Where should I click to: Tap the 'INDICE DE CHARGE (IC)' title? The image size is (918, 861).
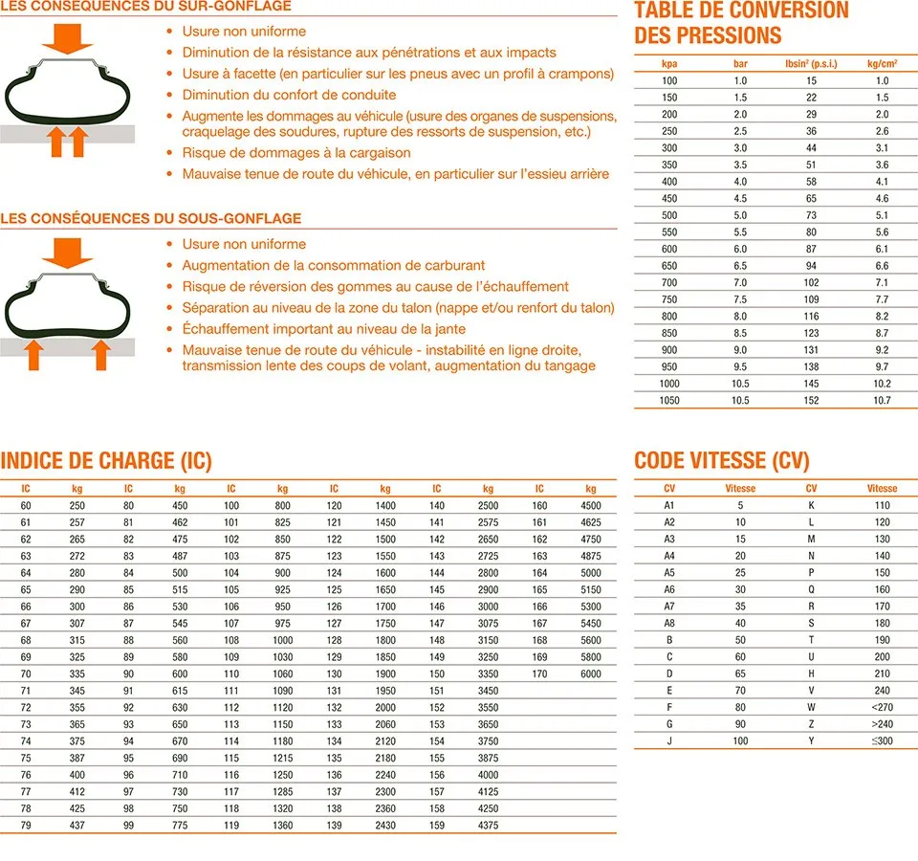click(106, 460)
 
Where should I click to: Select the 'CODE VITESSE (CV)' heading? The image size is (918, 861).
click(721, 461)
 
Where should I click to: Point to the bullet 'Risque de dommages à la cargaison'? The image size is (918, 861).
click(296, 153)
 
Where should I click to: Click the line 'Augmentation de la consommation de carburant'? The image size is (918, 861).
click(334, 265)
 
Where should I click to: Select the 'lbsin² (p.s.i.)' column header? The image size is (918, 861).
click(810, 65)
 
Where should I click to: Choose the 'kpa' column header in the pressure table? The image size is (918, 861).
click(669, 65)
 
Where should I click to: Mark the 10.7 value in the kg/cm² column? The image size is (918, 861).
click(882, 400)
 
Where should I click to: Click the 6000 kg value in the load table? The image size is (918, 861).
click(591, 674)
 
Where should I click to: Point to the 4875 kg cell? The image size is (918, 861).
click(591, 556)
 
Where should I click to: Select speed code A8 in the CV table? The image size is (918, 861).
click(669, 623)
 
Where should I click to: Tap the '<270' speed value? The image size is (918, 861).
click(882, 708)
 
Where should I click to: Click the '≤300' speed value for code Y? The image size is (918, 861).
click(882, 741)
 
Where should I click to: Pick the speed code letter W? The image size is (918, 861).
click(811, 708)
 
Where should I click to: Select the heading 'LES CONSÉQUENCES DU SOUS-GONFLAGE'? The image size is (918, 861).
click(151, 218)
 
